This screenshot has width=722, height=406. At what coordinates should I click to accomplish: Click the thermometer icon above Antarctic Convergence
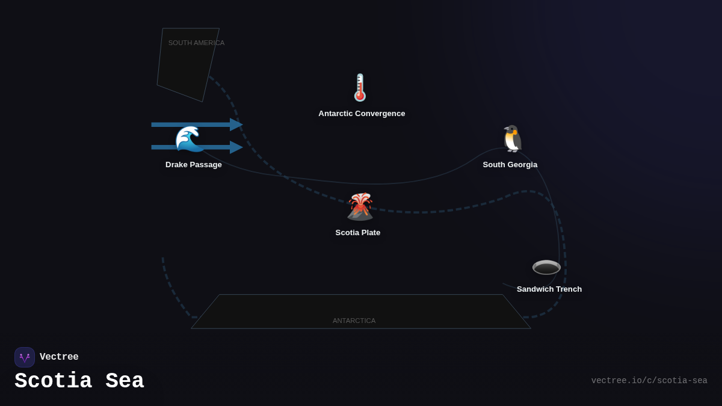point(360,88)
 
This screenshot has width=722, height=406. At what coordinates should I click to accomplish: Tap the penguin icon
point(513,139)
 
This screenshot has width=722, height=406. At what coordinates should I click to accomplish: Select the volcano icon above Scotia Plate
point(360,207)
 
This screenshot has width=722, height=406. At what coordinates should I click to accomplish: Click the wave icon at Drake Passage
point(189,139)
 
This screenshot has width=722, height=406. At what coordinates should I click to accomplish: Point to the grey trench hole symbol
point(546,267)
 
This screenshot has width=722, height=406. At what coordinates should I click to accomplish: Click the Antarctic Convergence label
point(362,114)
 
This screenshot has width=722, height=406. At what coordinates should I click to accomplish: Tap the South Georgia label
point(510,165)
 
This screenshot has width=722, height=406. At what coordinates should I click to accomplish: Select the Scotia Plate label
point(358,233)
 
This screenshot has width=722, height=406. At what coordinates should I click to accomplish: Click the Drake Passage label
point(194,165)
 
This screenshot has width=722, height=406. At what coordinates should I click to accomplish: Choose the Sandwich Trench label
point(549,289)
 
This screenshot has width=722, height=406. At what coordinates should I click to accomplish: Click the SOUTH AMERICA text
point(196,43)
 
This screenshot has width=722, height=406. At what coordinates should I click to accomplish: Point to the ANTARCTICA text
point(354,321)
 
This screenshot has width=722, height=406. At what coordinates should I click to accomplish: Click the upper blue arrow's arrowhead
point(236,125)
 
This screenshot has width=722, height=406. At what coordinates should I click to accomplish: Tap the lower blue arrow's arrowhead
point(236,147)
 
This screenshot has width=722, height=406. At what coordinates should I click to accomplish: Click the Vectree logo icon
point(25,357)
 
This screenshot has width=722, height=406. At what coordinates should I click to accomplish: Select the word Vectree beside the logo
point(59,357)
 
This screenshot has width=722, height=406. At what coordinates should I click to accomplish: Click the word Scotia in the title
point(53,381)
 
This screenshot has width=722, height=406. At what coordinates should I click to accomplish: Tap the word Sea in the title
point(125,381)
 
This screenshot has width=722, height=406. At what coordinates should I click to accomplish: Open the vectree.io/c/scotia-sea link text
point(649,381)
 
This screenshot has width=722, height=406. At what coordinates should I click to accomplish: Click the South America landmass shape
point(184,72)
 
